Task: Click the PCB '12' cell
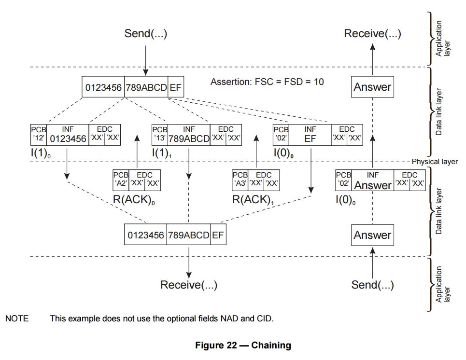coord(39,135)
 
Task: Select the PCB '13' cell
coord(160,135)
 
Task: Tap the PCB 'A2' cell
coord(121,180)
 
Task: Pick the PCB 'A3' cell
coord(240,180)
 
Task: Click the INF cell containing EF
coord(310,135)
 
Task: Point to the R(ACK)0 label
coord(134,200)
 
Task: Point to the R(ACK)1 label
coord(253,200)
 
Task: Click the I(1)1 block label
coord(162,153)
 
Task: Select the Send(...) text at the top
coord(146,33)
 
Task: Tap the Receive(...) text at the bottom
coord(189,285)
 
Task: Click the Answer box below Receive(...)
coord(372,87)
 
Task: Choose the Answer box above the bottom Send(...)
coord(372,235)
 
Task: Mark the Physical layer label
coord(435,162)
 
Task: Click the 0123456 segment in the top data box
coord(103,87)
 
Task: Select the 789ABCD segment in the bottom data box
coord(188,235)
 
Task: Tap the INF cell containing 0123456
coord(68,135)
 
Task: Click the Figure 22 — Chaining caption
coord(243,345)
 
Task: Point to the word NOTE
coord(17,318)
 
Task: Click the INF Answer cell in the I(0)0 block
coord(373,180)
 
